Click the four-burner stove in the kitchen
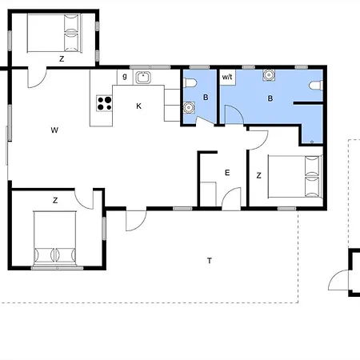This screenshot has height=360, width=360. [104, 103]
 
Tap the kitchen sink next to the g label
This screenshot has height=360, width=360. [143, 78]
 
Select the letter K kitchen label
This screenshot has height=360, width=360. [138, 106]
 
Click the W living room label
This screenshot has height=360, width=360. [54, 130]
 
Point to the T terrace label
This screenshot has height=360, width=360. [210, 261]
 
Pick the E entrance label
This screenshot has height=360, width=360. [227, 173]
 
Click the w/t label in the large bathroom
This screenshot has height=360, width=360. [227, 77]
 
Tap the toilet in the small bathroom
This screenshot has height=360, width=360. [190, 83]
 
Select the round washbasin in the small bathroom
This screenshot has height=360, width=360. [189, 107]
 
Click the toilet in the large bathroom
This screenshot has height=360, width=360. [316, 86]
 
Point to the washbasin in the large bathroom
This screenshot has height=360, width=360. [269, 75]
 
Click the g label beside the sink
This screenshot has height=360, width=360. [125, 76]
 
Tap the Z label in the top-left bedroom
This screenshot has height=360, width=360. [62, 58]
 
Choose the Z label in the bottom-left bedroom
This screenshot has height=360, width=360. [55, 200]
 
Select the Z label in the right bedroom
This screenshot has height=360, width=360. [258, 175]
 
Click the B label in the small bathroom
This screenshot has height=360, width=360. [206, 98]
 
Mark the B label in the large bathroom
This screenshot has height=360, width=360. [270, 98]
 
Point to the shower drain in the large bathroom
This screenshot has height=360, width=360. [312, 142]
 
